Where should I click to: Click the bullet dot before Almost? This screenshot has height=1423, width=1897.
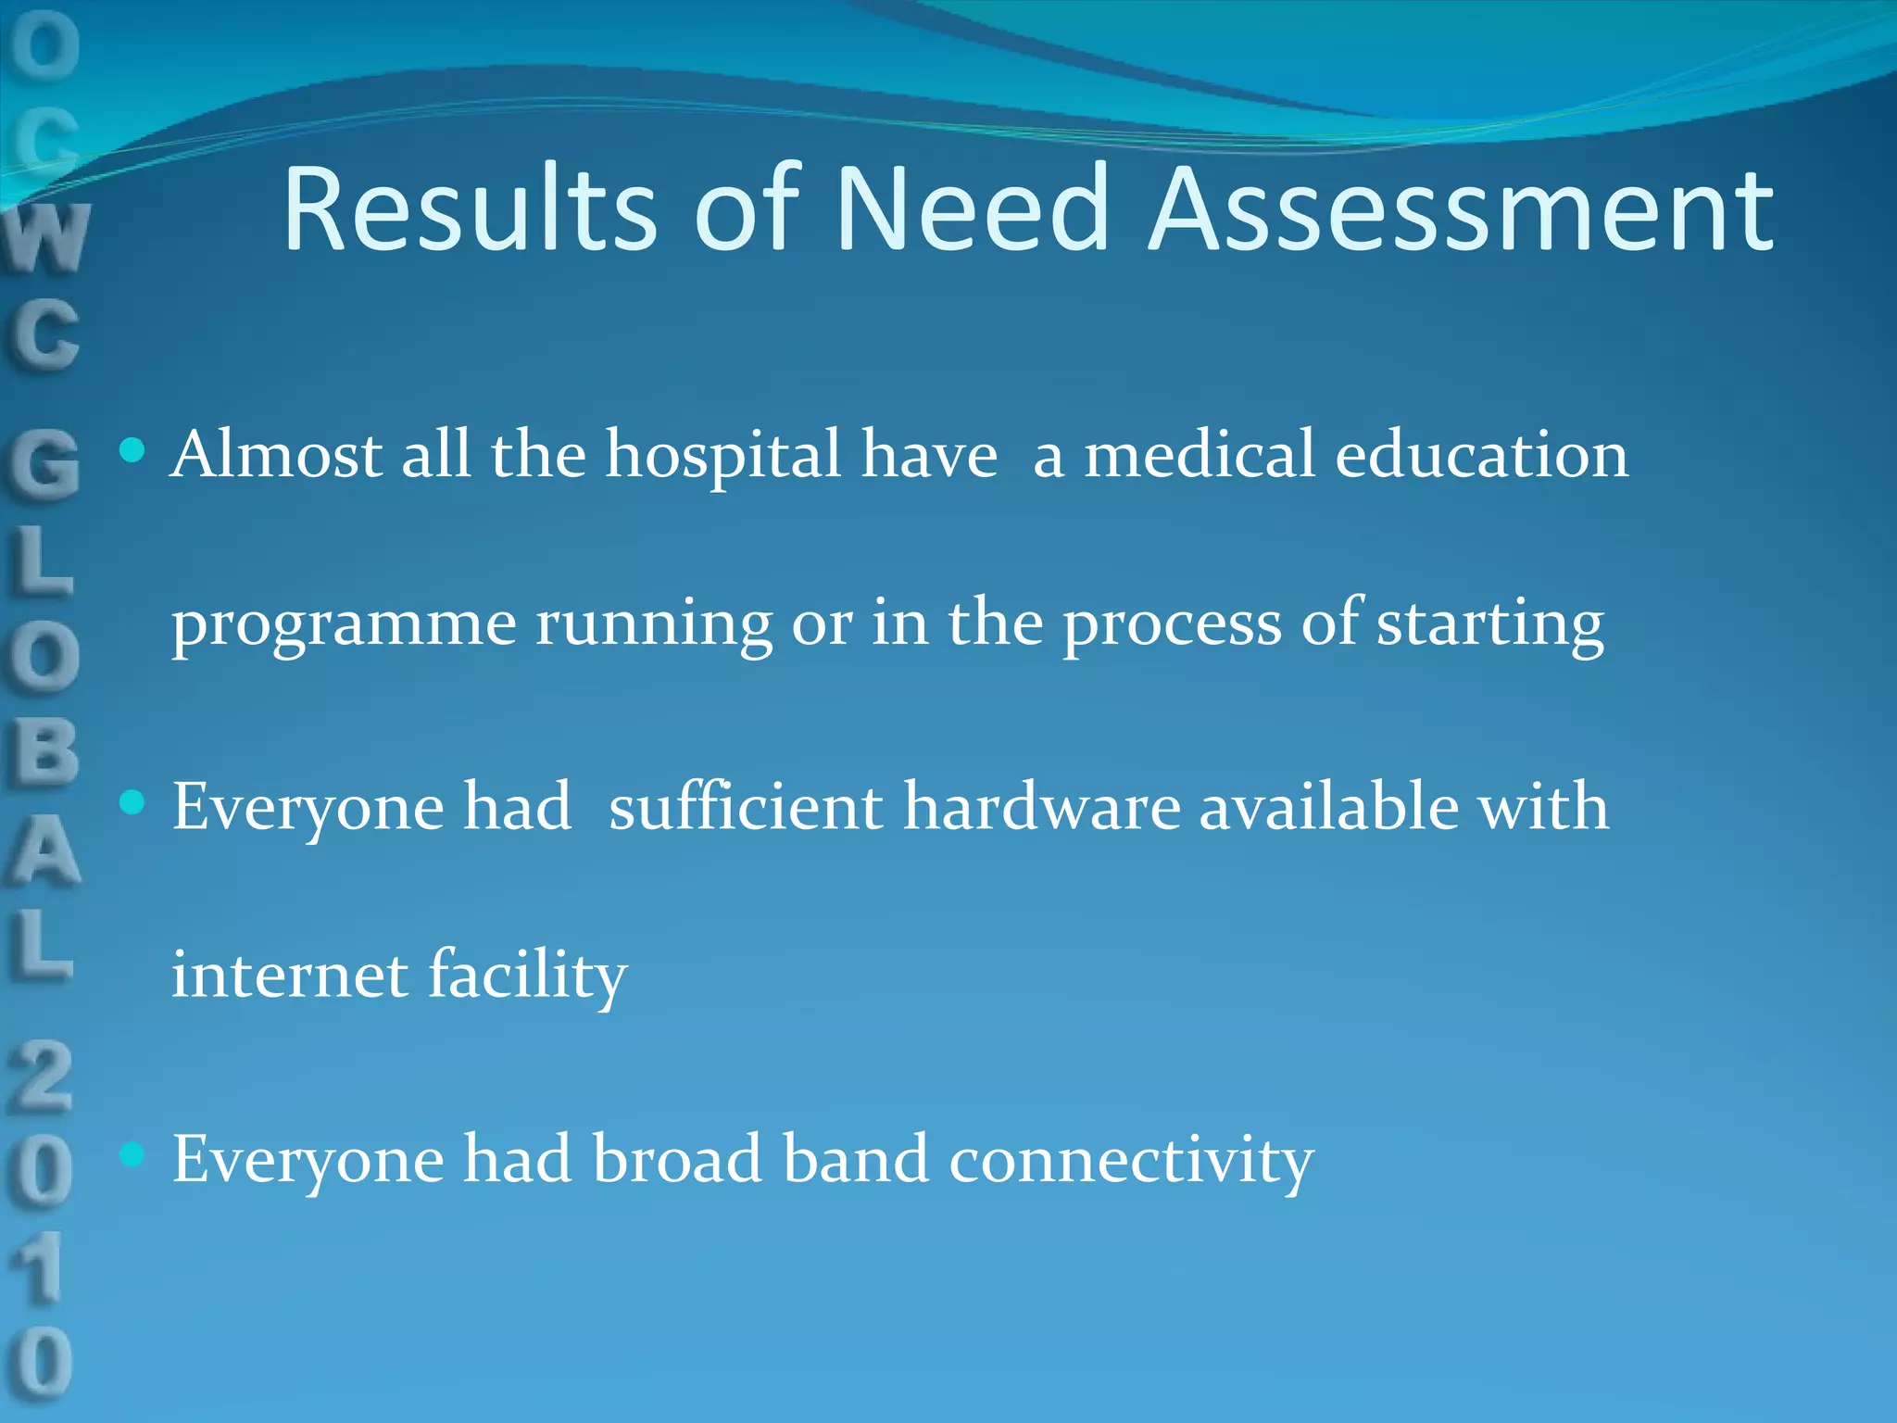[x=133, y=451]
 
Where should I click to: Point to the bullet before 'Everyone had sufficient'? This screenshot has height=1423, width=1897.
[x=133, y=802]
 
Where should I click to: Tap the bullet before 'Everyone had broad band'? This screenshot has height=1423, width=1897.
[x=133, y=1154]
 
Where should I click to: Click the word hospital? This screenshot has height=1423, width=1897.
[x=722, y=456]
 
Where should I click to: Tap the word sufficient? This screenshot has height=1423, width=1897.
[x=745, y=806]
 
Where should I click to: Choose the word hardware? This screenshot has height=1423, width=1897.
[x=1041, y=806]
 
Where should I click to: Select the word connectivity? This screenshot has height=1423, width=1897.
[x=1131, y=1160]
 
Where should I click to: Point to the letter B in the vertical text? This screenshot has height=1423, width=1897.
[x=43, y=750]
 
